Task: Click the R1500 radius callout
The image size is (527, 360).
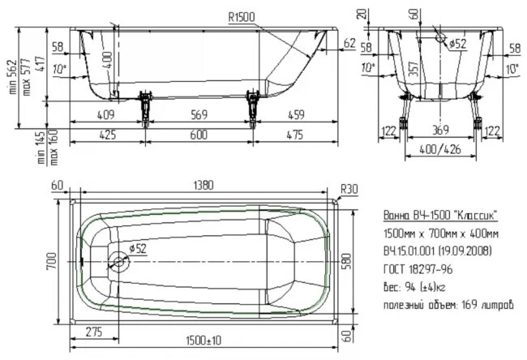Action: (x=242, y=17)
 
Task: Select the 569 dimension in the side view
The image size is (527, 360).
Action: (x=199, y=114)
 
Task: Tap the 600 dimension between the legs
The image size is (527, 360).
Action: (x=199, y=135)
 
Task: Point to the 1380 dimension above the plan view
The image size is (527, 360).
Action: (x=204, y=185)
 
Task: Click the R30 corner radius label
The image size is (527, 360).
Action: (x=349, y=189)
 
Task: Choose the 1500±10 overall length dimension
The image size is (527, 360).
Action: (x=204, y=341)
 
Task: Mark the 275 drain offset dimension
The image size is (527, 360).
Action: (x=94, y=332)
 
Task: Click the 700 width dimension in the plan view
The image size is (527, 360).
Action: (x=52, y=261)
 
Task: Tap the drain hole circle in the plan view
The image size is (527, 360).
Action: (x=118, y=262)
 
